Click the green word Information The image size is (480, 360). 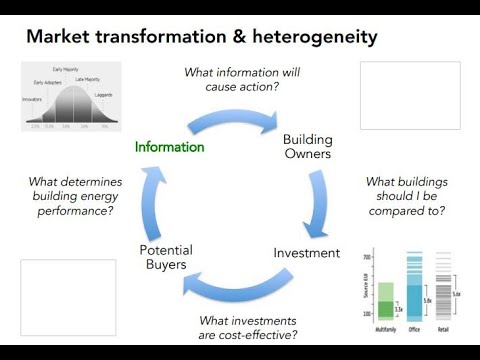(170, 147)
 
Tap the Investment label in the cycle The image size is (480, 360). (306, 253)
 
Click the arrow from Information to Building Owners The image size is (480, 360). (240, 119)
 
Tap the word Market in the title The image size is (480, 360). (61, 38)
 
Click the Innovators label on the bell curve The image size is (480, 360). (33, 99)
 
